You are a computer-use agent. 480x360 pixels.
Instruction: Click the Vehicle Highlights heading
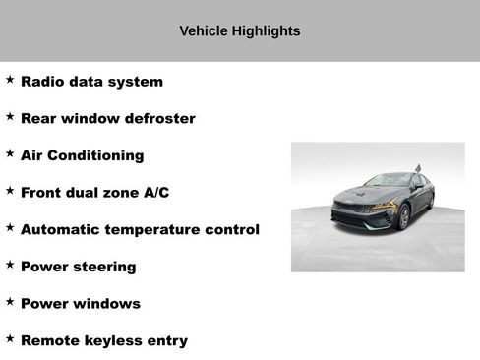pos(239,30)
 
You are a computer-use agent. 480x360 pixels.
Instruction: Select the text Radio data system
pos(91,82)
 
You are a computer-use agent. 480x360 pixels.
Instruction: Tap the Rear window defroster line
pos(107,119)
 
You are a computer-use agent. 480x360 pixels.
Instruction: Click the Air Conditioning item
pos(82,155)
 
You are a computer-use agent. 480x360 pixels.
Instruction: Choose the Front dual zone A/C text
pos(94,193)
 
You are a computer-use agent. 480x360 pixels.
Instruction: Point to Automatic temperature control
pos(140,229)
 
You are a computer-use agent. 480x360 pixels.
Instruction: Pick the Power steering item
pos(78,267)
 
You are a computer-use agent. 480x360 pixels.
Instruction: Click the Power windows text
pos(80,304)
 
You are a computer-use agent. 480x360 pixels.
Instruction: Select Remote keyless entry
pos(103,341)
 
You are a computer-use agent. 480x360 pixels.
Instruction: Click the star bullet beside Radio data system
pos(10,80)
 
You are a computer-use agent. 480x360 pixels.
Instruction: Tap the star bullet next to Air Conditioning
pos(10,153)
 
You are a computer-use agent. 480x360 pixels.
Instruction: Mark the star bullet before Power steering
pos(10,265)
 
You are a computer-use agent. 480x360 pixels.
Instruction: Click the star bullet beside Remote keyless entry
pos(10,339)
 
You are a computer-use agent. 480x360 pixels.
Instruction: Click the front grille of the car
pos(352,210)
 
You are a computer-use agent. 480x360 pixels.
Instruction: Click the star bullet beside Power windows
pos(10,302)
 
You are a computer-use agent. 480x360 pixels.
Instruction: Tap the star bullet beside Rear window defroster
pos(10,117)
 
